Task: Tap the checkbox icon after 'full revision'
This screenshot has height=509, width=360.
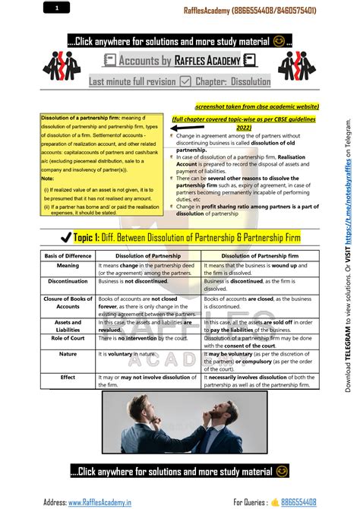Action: pyautogui.click(x=185, y=81)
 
